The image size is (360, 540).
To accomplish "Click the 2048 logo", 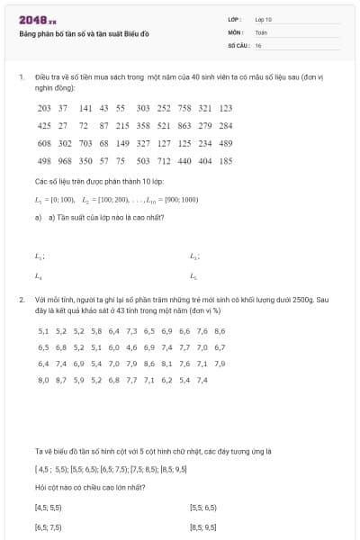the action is coord(34,20).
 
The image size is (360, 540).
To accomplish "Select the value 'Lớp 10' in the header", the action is coord(263,19).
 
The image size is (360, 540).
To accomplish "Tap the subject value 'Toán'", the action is coord(261,31).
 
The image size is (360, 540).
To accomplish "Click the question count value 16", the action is coord(258,44).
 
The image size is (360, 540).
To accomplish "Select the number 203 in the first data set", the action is coord(44,108).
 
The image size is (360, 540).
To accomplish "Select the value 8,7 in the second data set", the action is coord(61,380).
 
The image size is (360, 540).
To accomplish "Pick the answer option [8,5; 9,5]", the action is coord(203,527).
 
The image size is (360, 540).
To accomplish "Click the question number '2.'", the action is coord(21,298).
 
